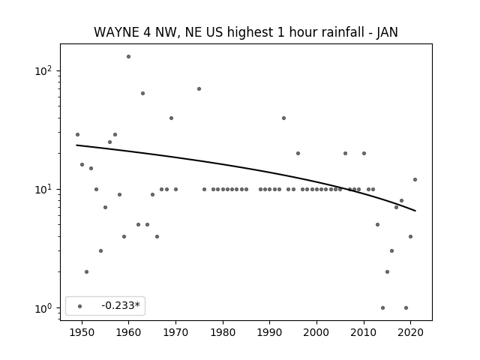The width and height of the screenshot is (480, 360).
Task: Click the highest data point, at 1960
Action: (x=128, y=57)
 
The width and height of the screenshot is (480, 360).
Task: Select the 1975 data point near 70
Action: (x=199, y=88)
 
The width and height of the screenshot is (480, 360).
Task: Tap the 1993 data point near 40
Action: (x=283, y=118)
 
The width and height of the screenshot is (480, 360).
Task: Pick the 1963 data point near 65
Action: (x=142, y=93)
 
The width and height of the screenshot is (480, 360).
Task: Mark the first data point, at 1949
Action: (x=77, y=135)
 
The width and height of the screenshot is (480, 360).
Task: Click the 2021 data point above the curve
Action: (x=415, y=180)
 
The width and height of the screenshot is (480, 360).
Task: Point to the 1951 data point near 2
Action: (x=87, y=271)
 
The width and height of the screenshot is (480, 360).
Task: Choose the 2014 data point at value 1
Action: (x=382, y=308)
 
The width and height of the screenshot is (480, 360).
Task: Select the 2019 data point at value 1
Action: (x=406, y=308)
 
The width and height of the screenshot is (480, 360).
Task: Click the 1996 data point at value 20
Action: (x=298, y=153)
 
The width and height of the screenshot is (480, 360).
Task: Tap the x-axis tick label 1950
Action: (x=82, y=332)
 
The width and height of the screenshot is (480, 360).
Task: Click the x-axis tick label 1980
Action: (x=223, y=332)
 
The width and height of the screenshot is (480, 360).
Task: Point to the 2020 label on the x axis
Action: (x=410, y=332)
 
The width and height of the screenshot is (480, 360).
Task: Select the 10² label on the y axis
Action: (x=43, y=70)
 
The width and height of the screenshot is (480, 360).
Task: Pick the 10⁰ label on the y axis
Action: (x=43, y=308)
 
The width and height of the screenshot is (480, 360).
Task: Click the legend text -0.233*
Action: (x=121, y=305)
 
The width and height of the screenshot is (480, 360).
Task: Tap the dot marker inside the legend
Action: (x=80, y=306)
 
